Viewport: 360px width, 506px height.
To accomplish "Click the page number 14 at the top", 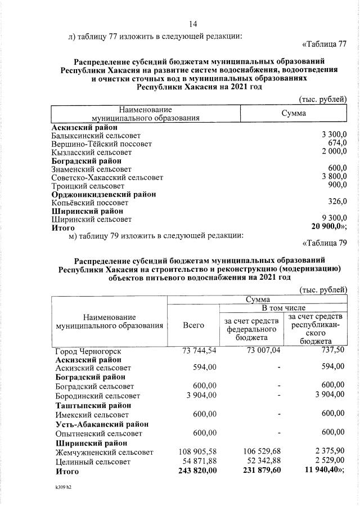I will pos(193,24).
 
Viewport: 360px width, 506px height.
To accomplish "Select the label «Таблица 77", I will pos(325,44).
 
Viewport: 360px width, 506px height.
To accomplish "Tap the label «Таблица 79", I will pos(325,243).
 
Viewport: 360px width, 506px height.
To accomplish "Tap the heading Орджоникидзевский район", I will pos(103,194).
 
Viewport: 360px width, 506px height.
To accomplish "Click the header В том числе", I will pos(282,308).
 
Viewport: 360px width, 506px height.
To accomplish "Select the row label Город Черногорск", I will pos(88,351).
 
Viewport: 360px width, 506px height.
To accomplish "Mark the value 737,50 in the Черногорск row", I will pos(332,350).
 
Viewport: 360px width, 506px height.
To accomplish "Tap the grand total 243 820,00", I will pos(194,471).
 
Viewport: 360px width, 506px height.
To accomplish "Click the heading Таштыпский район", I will pos(93,405).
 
